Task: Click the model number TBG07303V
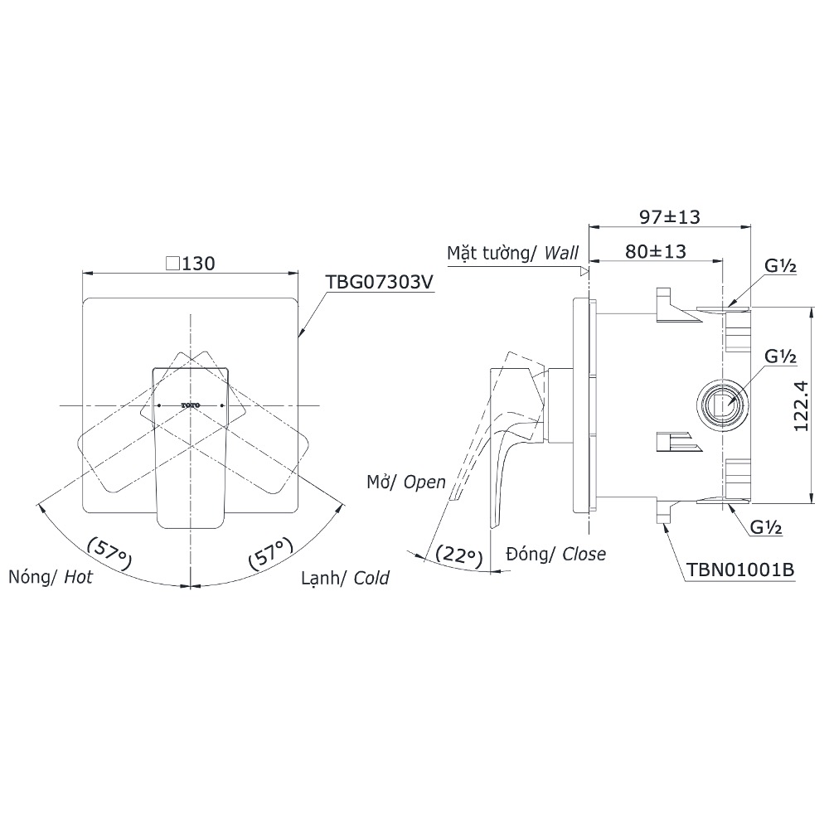pyautogui.click(x=379, y=283)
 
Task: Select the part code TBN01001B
pyautogui.click(x=739, y=570)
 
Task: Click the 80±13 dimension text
pyautogui.click(x=656, y=251)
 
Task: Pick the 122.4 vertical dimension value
pyautogui.click(x=802, y=405)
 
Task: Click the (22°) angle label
pyautogui.click(x=459, y=555)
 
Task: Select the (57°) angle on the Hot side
pyautogui.click(x=109, y=553)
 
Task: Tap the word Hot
pyautogui.click(x=78, y=577)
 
